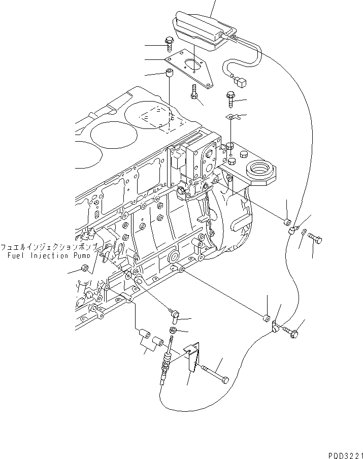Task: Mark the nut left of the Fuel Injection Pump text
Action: tap(85, 269)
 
